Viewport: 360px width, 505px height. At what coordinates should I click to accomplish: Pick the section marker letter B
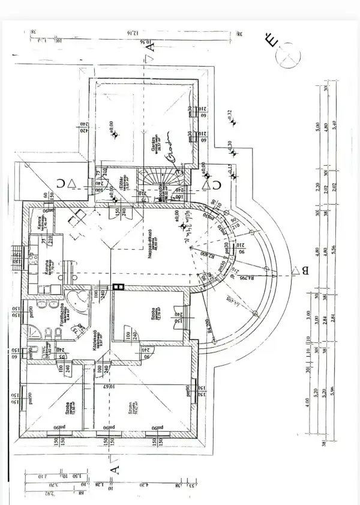pos(305,271)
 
